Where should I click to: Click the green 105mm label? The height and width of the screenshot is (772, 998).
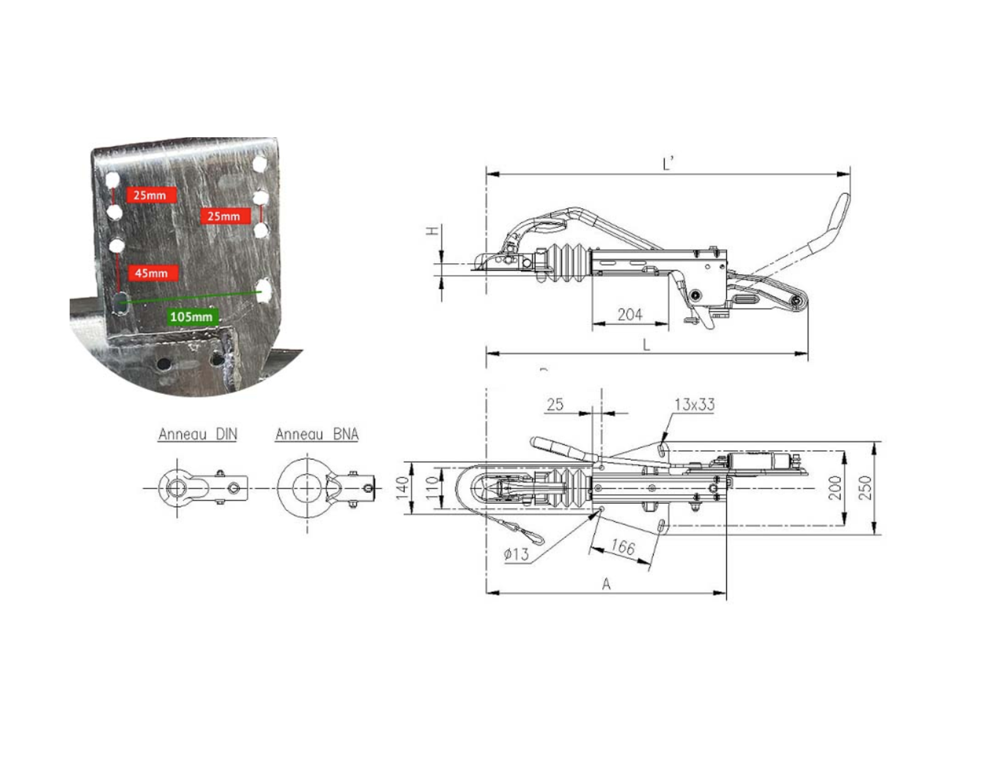pos(192,316)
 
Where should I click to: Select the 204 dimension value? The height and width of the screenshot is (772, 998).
pos(630,314)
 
